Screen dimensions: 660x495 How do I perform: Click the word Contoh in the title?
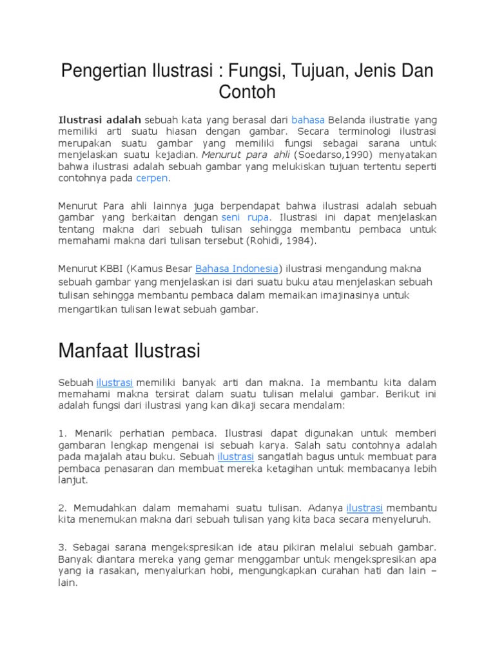(247, 92)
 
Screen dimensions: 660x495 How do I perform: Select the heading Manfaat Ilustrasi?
(129, 351)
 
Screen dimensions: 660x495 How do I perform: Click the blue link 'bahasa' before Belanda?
(307, 120)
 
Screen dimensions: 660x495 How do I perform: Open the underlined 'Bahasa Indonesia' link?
(237, 268)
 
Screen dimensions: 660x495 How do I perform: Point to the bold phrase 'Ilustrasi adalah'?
(99, 120)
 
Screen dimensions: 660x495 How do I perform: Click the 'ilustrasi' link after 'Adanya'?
(364, 507)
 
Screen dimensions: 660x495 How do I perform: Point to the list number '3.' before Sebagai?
(63, 547)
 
